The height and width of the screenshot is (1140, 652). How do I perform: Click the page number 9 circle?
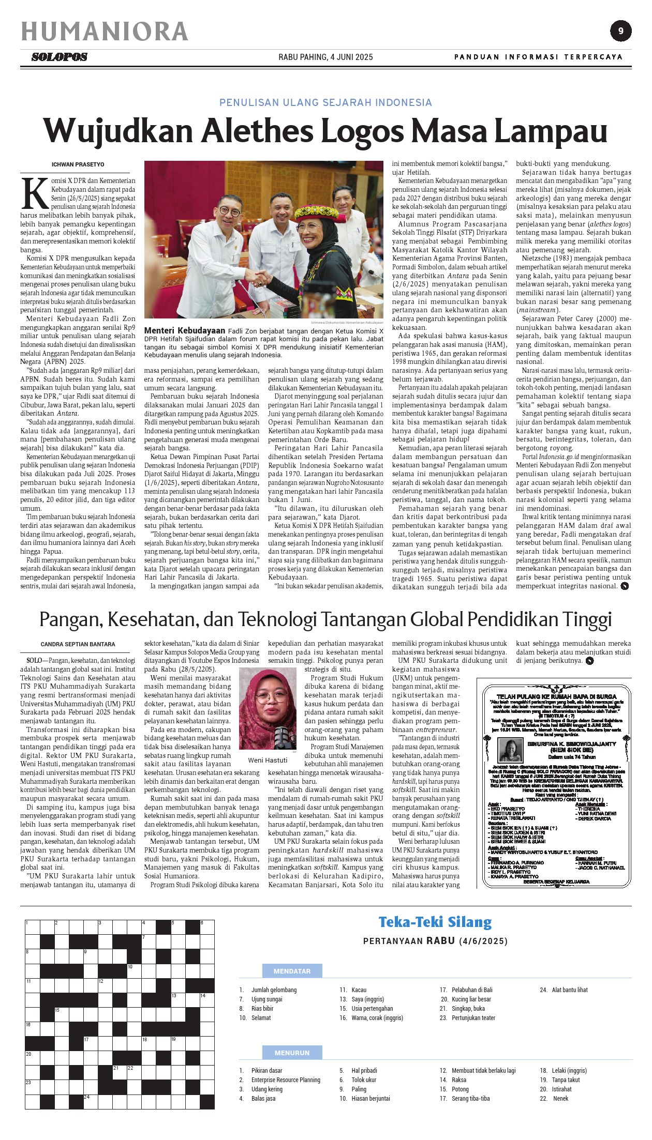pos(620,31)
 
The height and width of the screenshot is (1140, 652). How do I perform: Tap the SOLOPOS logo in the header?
pos(60,57)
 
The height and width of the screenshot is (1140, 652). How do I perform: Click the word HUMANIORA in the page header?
pos(104,32)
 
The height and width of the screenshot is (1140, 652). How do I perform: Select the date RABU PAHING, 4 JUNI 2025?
pos(325,57)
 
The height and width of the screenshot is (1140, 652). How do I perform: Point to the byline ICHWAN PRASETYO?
pos(78,164)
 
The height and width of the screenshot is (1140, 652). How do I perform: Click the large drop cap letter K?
pos(34,194)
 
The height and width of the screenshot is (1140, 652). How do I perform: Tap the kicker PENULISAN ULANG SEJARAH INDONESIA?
pos(325,102)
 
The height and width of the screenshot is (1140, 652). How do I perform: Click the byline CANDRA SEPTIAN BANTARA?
pos(78,644)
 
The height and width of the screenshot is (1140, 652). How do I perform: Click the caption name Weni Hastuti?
pos(268,760)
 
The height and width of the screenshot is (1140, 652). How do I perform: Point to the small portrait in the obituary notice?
pos(510,750)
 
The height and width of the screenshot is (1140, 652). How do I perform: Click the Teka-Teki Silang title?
pos(435,922)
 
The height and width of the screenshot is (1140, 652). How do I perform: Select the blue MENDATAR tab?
pos(292,971)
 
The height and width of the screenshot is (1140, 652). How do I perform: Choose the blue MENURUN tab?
pos(292,1053)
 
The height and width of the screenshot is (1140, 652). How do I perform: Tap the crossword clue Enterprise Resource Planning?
pos(286,1080)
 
